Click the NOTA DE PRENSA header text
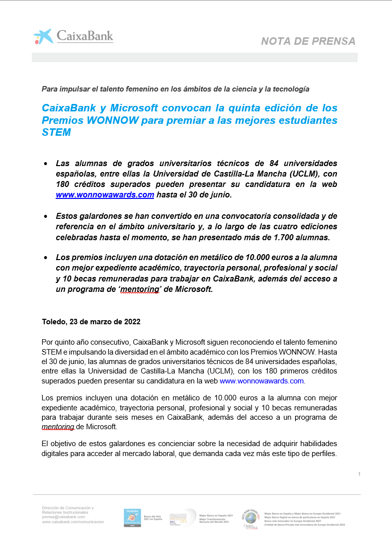click(x=308, y=41)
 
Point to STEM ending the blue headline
click(x=56, y=132)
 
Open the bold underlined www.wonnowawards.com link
click(x=105, y=195)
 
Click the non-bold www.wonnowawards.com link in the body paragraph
click(x=261, y=381)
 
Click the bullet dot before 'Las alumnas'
click(x=46, y=164)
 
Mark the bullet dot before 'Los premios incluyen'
click(x=46, y=258)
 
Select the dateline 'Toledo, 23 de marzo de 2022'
click(x=91, y=322)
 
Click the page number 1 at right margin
click(x=359, y=474)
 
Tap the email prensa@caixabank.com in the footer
click(x=64, y=517)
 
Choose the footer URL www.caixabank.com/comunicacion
click(x=73, y=522)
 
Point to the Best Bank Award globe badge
click(x=251, y=518)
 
